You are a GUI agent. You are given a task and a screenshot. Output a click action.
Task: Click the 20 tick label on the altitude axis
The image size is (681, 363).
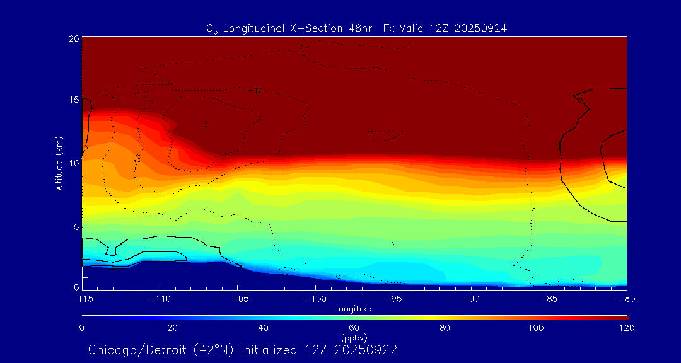coord(73,38)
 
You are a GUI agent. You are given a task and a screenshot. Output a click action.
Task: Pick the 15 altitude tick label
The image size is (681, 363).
coord(73,100)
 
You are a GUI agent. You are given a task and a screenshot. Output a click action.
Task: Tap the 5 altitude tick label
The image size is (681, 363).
coord(76,226)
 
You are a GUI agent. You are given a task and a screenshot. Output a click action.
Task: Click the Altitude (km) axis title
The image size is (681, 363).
coord(59,163)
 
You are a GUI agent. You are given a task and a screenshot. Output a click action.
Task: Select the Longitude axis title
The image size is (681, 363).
coord(354,309)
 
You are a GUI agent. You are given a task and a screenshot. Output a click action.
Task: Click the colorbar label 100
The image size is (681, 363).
coord(536,328)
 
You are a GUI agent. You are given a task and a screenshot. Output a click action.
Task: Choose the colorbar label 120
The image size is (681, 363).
coord(627,328)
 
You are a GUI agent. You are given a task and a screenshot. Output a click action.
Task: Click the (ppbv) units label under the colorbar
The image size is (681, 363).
coord(354,338)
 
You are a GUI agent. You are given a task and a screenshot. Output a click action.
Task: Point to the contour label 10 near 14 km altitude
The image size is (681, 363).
coord(258,91)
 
